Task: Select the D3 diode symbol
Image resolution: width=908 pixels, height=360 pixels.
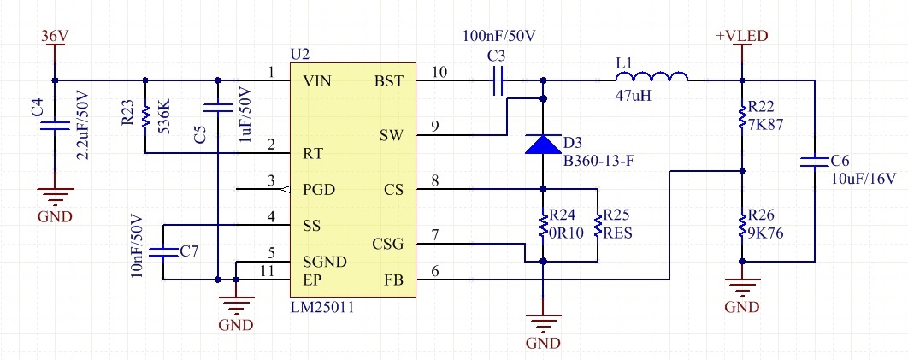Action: pyautogui.click(x=543, y=144)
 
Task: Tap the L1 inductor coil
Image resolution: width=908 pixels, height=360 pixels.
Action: pyautogui.click(x=652, y=76)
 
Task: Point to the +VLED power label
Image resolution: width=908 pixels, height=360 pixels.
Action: pyautogui.click(x=742, y=36)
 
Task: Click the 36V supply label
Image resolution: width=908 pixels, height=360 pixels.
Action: pyautogui.click(x=55, y=36)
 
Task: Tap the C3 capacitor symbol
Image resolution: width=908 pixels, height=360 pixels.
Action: pyautogui.click(x=498, y=80)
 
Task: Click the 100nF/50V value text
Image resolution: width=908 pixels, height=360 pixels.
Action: pyautogui.click(x=499, y=36)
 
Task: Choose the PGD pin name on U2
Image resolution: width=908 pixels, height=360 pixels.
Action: pyautogui.click(x=319, y=190)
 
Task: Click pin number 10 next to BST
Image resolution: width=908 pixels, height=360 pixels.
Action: pyautogui.click(x=439, y=73)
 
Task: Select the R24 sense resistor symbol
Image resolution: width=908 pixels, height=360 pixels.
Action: pyautogui.click(x=543, y=226)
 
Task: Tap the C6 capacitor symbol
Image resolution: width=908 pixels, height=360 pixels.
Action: pyautogui.click(x=815, y=161)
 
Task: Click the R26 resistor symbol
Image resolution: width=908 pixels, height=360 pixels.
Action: pyautogui.click(x=742, y=226)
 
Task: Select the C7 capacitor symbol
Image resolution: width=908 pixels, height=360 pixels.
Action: pyautogui.click(x=163, y=251)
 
